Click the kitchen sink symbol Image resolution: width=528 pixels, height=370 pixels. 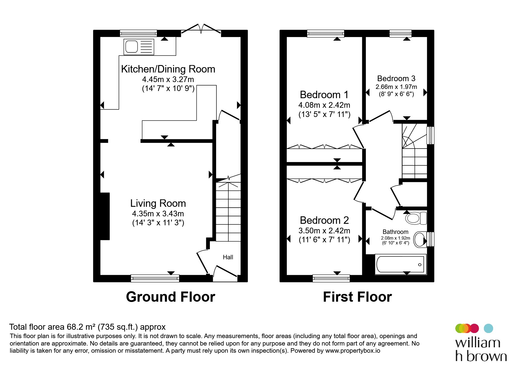pos(139,47)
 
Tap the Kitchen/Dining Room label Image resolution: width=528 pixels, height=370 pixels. pos(168,69)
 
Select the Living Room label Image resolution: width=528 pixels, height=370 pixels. pos(158,203)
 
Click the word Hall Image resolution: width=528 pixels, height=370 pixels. pos(228,257)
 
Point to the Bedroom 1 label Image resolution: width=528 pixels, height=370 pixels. pos(324,95)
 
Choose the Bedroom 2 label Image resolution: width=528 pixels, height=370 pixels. pos(324,220)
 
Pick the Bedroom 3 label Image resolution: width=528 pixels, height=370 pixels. pos(396,78)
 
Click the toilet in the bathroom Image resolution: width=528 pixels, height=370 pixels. pos(416,218)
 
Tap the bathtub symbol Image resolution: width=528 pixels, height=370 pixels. pos(400,264)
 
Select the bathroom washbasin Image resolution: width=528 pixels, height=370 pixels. pos(420,239)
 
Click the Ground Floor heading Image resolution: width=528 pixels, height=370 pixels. pos(171,297)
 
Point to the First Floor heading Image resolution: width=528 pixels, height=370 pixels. pos(357,297)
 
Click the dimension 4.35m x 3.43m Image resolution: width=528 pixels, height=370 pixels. pos(158,214)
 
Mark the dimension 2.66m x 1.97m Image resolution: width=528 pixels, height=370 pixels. pos(396,87)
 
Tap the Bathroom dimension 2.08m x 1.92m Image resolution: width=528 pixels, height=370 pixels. pos(396,238)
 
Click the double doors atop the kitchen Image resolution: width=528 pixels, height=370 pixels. pos(201,29)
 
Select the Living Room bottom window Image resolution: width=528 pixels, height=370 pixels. pos(155,278)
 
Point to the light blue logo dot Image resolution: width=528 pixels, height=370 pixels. pos(488,328)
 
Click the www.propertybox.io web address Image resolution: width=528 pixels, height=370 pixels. pos(353,351)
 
